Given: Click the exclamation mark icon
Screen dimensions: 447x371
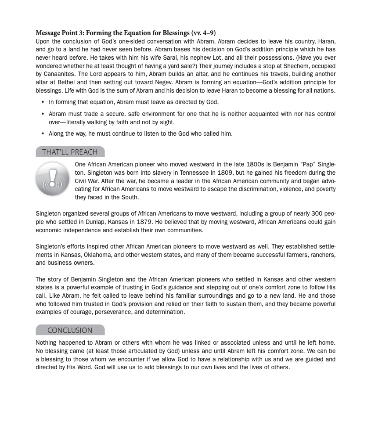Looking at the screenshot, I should pos(52,179).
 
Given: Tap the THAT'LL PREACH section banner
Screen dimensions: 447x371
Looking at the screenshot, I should pos(70,152).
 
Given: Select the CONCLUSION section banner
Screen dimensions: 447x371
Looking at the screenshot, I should pos(70,330).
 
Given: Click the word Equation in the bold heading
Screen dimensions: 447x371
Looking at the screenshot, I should pos(136,33).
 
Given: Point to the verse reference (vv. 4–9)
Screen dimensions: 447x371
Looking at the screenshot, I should pos(203,33).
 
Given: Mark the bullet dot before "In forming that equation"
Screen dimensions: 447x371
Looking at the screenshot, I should pos(43,102).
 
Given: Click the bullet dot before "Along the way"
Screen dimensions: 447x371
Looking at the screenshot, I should pos(43,133).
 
